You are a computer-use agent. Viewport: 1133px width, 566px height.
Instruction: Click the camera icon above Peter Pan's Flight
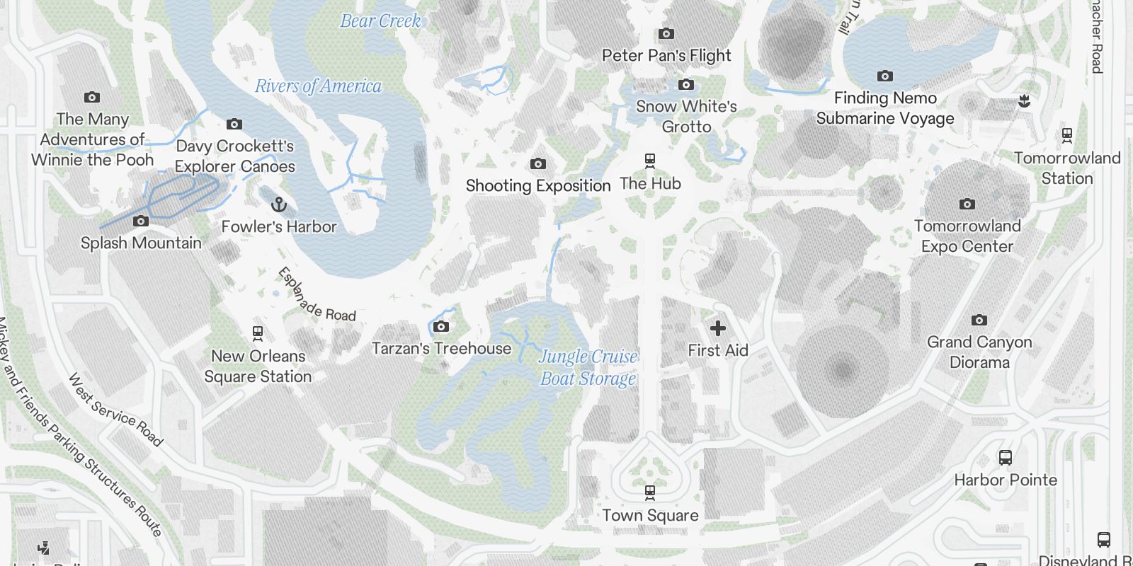click(666, 34)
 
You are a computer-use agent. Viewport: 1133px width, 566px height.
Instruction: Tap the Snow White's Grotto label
click(686, 117)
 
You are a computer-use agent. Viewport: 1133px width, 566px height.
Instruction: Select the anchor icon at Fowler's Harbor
click(279, 205)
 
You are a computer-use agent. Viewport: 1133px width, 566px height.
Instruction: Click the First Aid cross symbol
click(717, 328)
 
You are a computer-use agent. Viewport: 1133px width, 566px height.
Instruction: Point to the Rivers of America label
click(318, 86)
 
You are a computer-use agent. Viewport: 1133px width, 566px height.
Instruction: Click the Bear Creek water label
click(380, 21)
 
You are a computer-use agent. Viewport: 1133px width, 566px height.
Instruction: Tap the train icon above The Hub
click(650, 161)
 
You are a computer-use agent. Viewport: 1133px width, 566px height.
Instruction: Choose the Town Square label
click(650, 516)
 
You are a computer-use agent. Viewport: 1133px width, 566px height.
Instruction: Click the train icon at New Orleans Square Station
click(258, 333)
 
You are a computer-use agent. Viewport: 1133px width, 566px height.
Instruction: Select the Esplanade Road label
click(316, 295)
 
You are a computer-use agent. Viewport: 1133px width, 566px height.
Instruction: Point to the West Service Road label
click(115, 410)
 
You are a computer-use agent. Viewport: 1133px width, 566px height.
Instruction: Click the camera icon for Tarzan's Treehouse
click(441, 326)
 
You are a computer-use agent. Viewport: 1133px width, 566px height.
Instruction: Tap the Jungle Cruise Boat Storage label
click(588, 368)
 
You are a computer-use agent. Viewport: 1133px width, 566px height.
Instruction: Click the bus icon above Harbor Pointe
click(1005, 458)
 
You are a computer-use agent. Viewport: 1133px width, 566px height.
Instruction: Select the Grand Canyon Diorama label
click(979, 352)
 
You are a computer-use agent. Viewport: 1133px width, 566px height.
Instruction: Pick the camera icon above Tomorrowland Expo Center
click(967, 204)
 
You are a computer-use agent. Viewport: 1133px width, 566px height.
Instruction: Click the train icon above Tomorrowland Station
click(1067, 136)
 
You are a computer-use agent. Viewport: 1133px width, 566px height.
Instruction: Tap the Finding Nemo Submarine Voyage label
click(885, 108)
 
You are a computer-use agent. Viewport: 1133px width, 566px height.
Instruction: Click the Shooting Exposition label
click(538, 186)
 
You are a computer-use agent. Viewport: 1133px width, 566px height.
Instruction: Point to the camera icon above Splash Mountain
click(141, 221)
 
